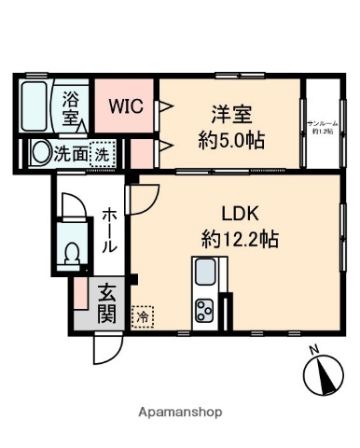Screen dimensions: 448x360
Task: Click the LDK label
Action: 239,212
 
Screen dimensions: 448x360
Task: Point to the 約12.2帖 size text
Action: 240,237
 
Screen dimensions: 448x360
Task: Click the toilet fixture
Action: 72,252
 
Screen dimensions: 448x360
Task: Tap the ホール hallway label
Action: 109,231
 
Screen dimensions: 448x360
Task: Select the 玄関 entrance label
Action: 107,302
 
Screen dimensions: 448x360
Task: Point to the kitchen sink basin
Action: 205,273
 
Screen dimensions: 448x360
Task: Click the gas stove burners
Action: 205,309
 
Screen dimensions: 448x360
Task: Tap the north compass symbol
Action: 321,373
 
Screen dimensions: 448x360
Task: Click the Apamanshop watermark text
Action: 181,412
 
